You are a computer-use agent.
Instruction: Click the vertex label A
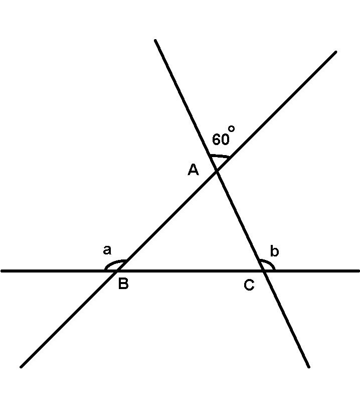click(194, 171)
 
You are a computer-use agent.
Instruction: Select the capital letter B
click(123, 284)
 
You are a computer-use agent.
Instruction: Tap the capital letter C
click(249, 285)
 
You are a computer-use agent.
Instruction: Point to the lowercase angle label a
click(107, 250)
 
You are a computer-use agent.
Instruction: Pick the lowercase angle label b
click(274, 251)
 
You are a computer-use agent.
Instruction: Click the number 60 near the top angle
click(221, 140)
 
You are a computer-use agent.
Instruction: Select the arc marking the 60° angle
click(220, 157)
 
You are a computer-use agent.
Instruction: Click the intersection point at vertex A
click(217, 171)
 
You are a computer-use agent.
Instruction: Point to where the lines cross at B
click(117, 271)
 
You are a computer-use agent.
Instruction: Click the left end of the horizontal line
click(2, 271)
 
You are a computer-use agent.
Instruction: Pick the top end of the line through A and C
click(155, 40)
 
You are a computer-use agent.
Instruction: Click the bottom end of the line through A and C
click(308, 366)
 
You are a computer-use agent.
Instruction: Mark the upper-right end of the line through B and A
click(335, 52)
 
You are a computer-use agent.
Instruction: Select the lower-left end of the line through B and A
click(21, 366)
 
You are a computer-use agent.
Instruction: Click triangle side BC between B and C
click(191, 271)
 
